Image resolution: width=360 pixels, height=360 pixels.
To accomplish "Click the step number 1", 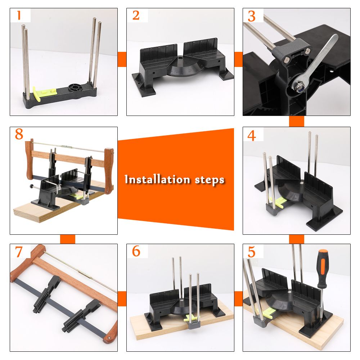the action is click(19, 15).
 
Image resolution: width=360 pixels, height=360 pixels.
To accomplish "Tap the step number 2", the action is click(136, 15).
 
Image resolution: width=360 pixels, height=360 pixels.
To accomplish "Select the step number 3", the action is click(252, 16).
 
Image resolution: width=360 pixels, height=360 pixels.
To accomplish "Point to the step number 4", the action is click(252, 135).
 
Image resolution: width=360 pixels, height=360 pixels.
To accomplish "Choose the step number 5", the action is click(252, 252).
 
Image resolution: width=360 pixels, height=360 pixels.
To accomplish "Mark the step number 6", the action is click(136, 251).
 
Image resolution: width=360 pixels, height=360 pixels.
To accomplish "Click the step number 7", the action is click(19, 252).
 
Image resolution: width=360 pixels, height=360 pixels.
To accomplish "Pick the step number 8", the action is click(19, 134).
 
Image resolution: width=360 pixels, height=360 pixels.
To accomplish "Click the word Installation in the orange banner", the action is click(157, 179).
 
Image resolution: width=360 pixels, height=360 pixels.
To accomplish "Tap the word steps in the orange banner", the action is click(210, 180).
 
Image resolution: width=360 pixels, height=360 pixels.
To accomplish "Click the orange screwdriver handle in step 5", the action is click(323, 268).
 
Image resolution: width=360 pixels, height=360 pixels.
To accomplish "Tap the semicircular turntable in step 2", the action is click(185, 66).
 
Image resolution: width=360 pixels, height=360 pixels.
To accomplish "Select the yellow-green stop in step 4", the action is click(279, 202).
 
